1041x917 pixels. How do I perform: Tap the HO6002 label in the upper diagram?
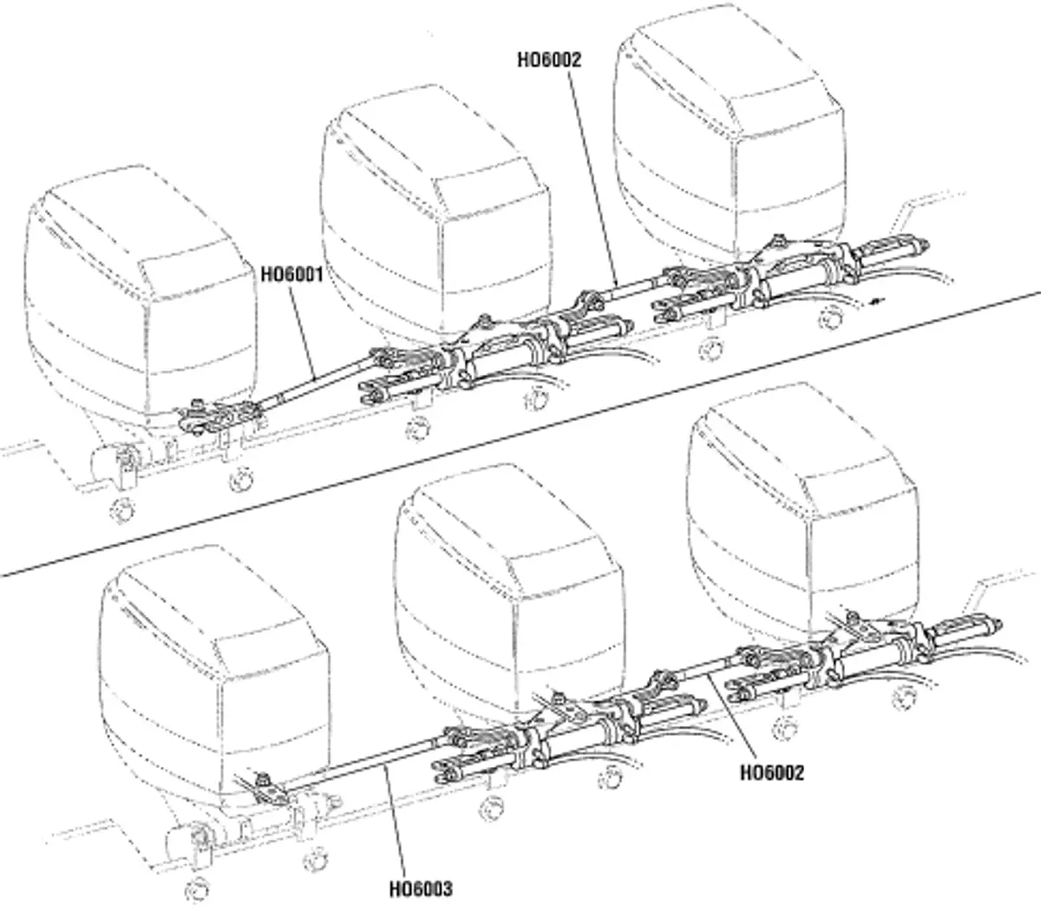(548, 61)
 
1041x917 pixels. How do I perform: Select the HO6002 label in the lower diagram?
(771, 771)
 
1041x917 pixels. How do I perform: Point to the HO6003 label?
(420, 889)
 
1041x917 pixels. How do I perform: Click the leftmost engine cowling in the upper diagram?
(139, 304)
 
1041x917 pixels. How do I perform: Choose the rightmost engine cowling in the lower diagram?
(802, 521)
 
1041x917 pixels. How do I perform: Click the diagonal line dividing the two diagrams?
(520, 434)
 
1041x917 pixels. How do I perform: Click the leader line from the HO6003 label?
(395, 824)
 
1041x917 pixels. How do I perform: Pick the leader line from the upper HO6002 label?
(593, 174)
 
